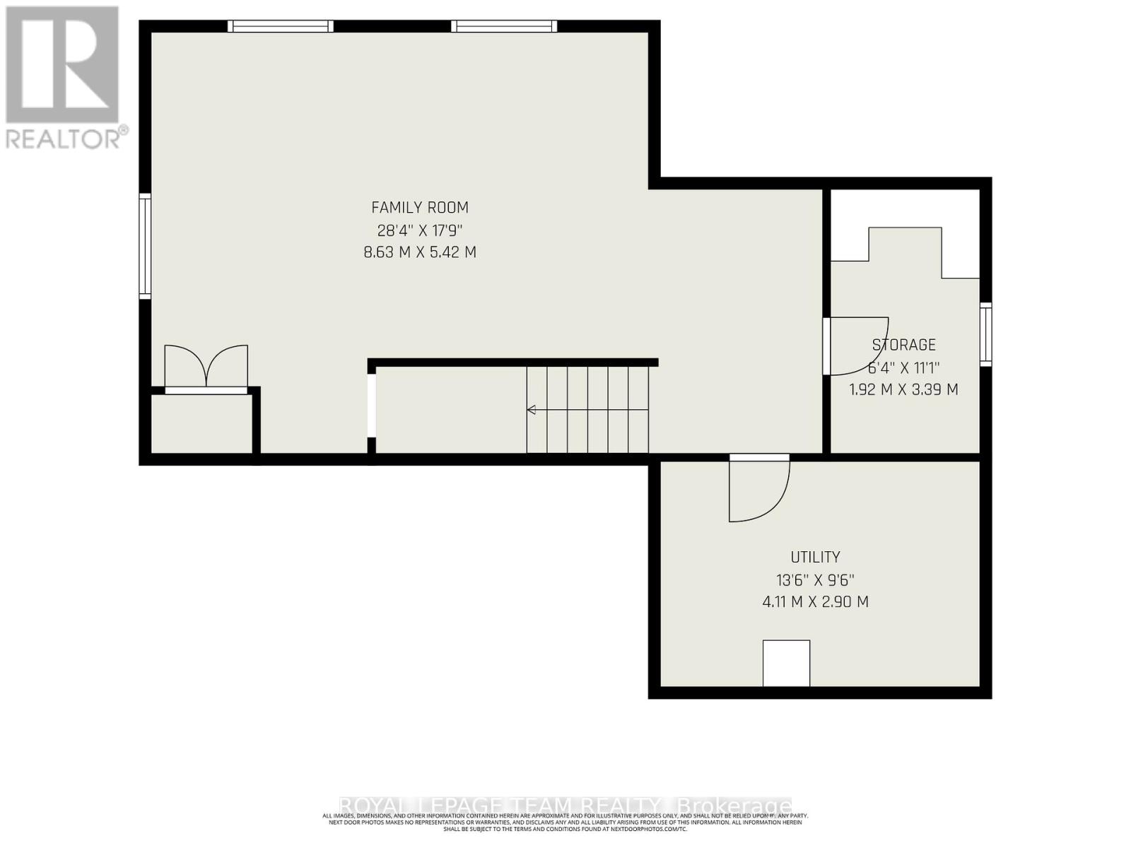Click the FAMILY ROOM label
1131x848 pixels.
(420, 208)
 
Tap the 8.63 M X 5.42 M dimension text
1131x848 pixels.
(420, 252)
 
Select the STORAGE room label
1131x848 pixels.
(903, 345)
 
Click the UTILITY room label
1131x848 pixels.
(815, 557)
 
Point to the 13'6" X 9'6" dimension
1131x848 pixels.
(815, 580)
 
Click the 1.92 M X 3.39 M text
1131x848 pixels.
(903, 389)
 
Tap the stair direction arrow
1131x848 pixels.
(532, 410)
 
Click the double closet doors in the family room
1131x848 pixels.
(206, 366)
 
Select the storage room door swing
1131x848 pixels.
(855, 346)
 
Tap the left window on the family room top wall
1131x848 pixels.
(281, 26)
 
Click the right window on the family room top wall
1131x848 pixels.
(504, 26)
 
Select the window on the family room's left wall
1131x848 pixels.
(144, 246)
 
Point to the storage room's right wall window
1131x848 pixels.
(985, 334)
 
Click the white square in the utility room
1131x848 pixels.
(786, 663)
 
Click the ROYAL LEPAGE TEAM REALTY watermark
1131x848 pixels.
(565, 806)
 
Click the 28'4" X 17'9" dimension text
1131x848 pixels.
(420, 230)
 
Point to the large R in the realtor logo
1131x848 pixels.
(62, 64)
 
